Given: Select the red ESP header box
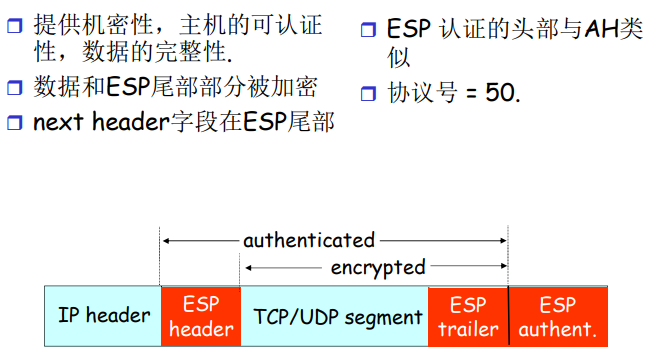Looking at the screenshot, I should click(200, 317).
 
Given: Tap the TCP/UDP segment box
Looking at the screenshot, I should click(334, 317).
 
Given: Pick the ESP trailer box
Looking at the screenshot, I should click(468, 317).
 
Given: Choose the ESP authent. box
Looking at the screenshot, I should click(558, 317).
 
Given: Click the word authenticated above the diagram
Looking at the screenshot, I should click(309, 240).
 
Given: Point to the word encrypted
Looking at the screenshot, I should click(378, 267).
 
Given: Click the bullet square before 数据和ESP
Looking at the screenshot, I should click(14, 89).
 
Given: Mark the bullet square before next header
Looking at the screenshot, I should click(14, 124).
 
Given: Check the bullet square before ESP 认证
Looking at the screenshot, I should click(367, 25).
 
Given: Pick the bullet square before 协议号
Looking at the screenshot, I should click(367, 95).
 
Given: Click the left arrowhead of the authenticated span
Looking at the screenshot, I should click(165, 241).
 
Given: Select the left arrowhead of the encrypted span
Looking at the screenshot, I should click(246, 268).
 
